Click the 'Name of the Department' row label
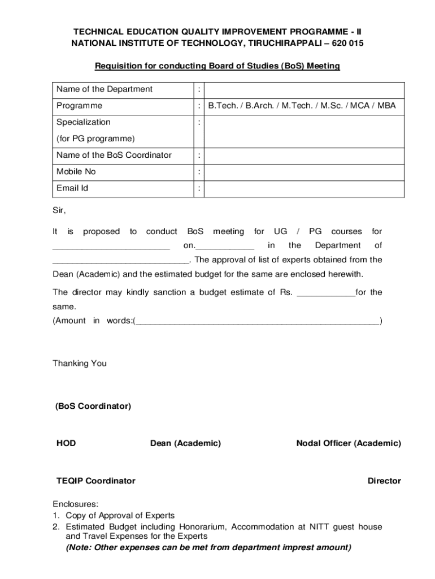[105, 89]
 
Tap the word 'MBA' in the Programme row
[387, 106]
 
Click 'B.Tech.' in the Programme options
[223, 106]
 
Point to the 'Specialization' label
[84, 122]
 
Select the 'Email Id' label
[72, 188]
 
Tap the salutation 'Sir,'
[59, 211]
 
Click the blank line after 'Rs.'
[326, 293]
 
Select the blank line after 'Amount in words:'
[258, 321]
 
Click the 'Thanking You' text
[80, 364]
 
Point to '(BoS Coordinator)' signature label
[93, 407]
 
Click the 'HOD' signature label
[66, 444]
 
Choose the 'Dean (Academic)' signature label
[185, 444]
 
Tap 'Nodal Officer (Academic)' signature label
[349, 444]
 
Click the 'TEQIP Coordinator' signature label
[96, 481]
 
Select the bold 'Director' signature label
[384, 481]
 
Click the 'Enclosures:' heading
[76, 504]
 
